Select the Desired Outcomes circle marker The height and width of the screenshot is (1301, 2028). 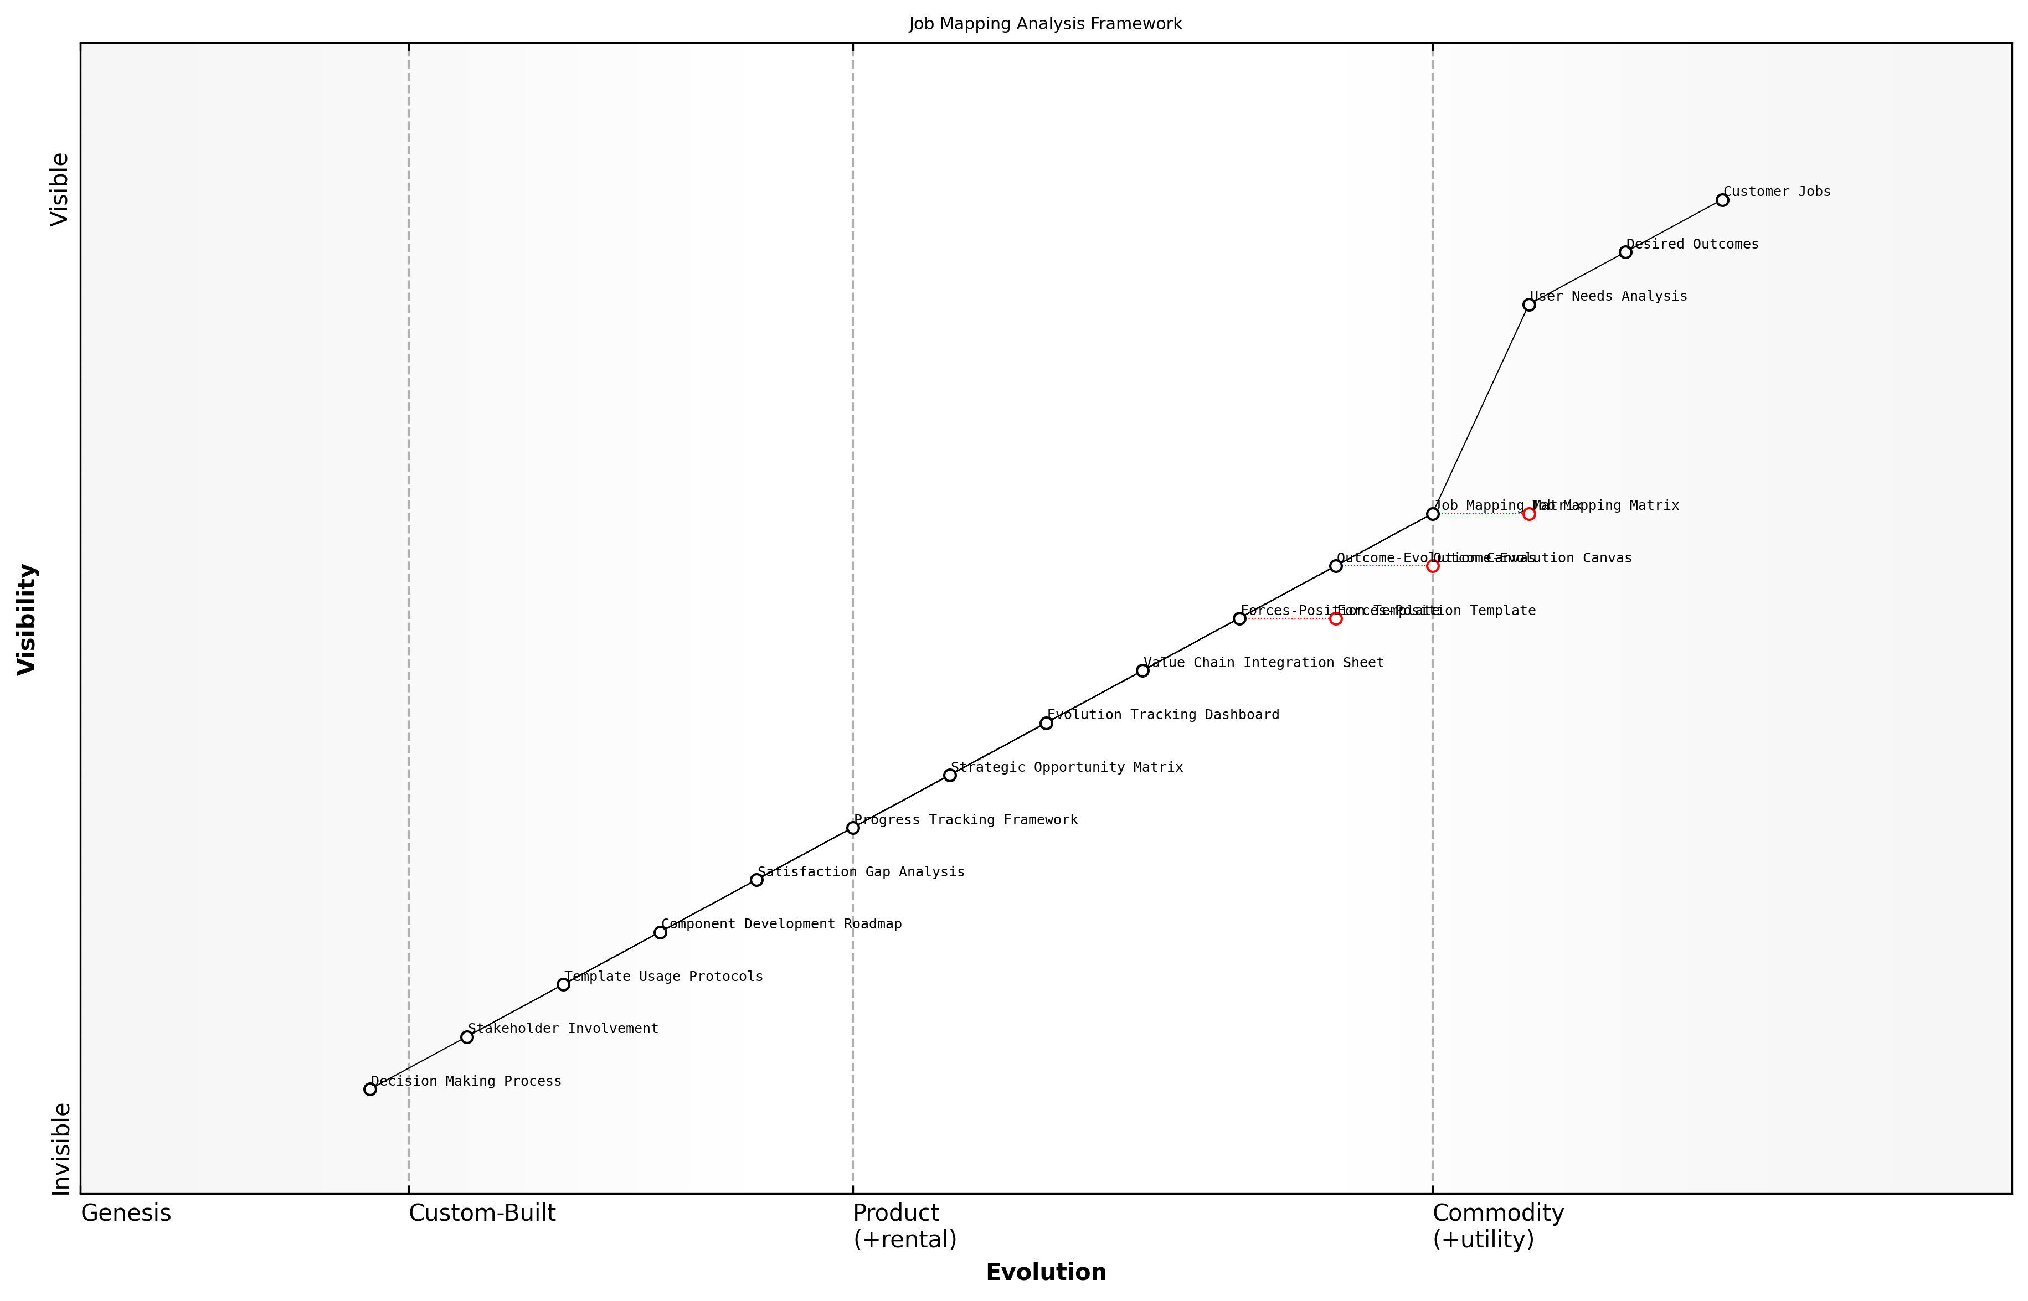pyautogui.click(x=1625, y=252)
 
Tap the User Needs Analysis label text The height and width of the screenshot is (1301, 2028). pyautogui.click(x=1608, y=297)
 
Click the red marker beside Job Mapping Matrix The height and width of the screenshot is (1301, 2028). pyautogui.click(x=1528, y=514)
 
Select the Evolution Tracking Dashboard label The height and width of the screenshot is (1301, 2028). pyautogui.click(x=1163, y=715)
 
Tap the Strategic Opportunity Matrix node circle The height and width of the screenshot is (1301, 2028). pyautogui.click(x=950, y=776)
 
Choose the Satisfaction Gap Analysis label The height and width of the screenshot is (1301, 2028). pyautogui.click(x=860, y=872)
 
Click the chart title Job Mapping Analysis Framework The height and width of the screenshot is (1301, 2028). pyautogui.click(x=1045, y=24)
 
